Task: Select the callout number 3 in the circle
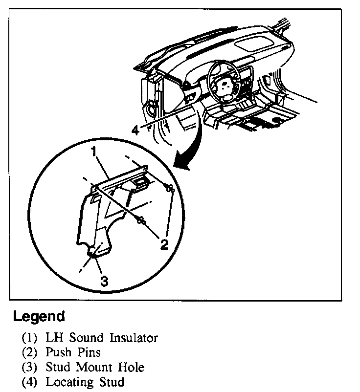(104, 280)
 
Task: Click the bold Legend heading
(39, 316)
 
